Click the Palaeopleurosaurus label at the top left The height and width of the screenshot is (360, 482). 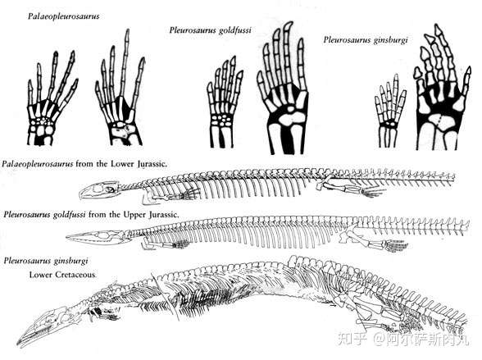pos(64,16)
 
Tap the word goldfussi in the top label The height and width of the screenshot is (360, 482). pos(234,30)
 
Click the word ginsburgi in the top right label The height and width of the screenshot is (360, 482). pos(390,40)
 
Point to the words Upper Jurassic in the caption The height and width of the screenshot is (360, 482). pos(151,214)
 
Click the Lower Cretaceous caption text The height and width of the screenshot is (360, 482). pos(62,275)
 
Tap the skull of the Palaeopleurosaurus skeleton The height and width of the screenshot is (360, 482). pos(98,190)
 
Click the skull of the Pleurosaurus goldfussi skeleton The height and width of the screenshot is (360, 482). pos(98,237)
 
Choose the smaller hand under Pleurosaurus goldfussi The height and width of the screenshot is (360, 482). pos(225,102)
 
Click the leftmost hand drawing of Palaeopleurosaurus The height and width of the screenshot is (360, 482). pos(52,98)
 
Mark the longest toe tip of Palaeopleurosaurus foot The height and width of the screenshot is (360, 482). pos(127,30)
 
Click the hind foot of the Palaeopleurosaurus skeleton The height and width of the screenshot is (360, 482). pos(373,192)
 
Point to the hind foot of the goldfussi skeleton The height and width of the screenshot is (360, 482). pos(395,245)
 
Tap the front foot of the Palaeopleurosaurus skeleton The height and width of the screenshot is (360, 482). pos(189,194)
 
